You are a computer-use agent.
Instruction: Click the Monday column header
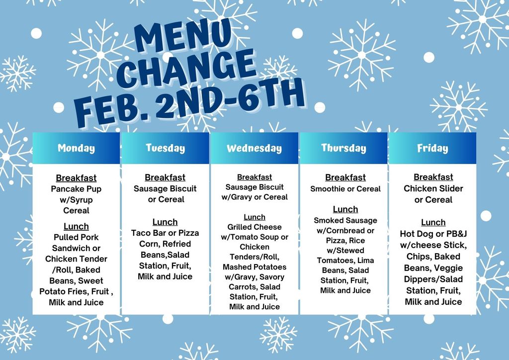tap(76, 148)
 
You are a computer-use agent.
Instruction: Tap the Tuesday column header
tap(165, 148)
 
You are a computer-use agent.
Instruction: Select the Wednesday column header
tap(254, 148)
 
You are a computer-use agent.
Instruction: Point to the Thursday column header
tap(343, 148)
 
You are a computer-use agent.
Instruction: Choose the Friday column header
tap(432, 148)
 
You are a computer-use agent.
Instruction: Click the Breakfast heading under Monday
tap(76, 178)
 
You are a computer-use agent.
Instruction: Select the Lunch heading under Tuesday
tap(165, 222)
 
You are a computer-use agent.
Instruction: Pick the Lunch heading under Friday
tap(433, 222)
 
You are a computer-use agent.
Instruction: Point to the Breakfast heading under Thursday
tap(345, 178)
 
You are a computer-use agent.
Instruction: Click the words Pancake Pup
tap(76, 189)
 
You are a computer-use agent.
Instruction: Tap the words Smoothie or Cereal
tap(345, 189)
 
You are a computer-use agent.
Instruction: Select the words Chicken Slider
tap(433, 188)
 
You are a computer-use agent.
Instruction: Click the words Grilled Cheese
tap(254, 227)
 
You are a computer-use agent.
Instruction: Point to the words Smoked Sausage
tap(345, 220)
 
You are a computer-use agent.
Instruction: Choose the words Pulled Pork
tap(76, 237)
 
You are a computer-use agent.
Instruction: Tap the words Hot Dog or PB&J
tap(433, 234)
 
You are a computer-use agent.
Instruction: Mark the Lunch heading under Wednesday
tap(254, 217)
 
